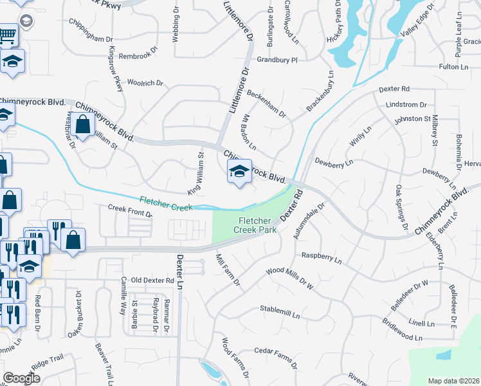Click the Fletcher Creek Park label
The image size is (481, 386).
pos(254,225)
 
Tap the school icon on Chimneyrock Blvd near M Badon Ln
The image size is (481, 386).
pos(239,172)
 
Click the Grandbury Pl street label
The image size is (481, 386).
pos(278,60)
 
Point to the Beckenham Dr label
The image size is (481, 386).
pos(266,102)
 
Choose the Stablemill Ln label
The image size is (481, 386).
pos(280,312)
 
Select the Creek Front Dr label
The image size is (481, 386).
pos(130,208)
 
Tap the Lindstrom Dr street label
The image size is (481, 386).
pos(406,104)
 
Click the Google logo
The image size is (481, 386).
pos(21,378)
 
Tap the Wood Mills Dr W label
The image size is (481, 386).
pos(289,278)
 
